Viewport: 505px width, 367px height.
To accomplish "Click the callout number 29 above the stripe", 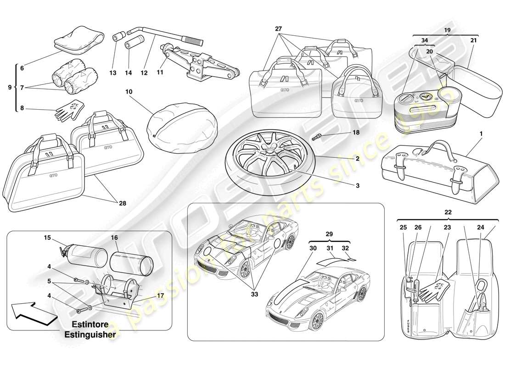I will (x=329, y=234).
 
